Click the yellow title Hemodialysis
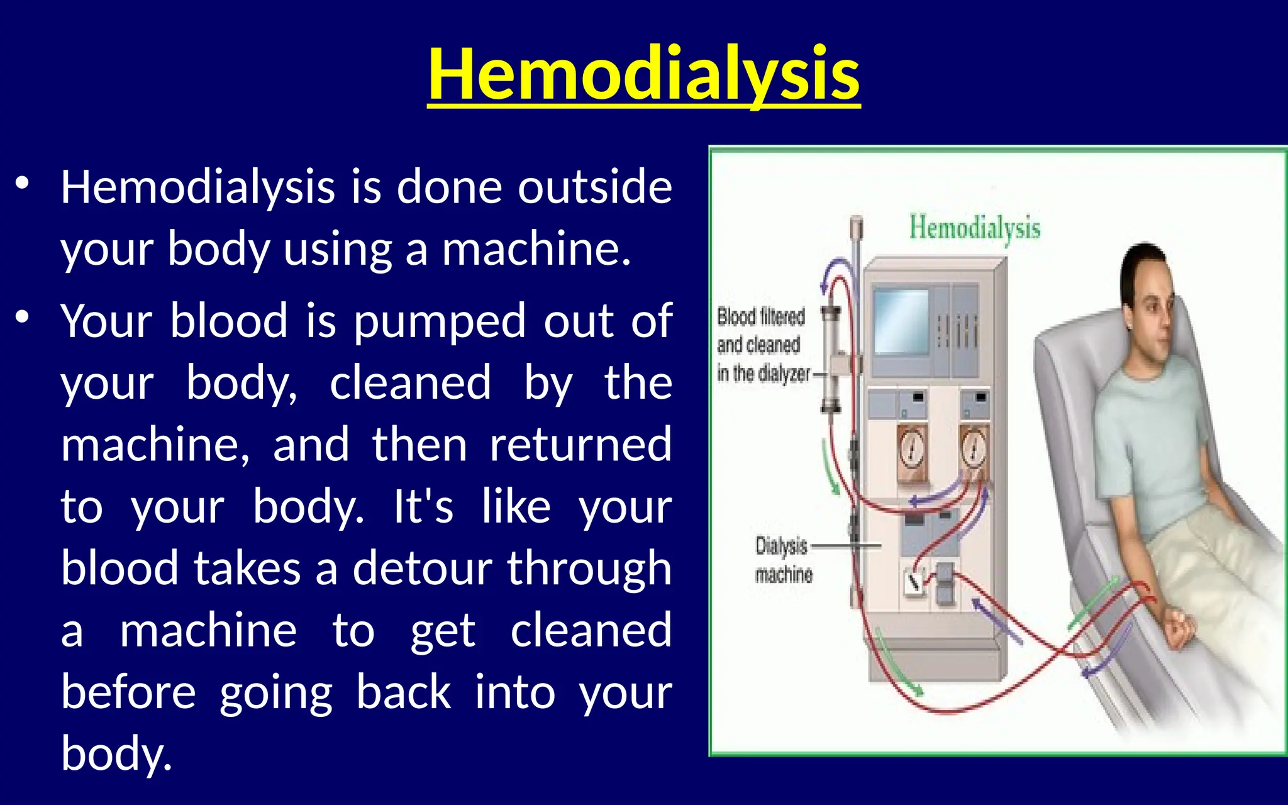[x=643, y=74]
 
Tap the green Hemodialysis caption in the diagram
[x=974, y=228]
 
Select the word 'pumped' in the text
[x=439, y=321]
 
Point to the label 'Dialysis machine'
[x=783, y=560]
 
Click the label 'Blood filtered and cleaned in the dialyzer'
[x=762, y=345]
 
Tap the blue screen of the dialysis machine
[x=901, y=322]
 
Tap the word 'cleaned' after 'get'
[x=591, y=630]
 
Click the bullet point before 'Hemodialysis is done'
[x=23, y=184]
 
